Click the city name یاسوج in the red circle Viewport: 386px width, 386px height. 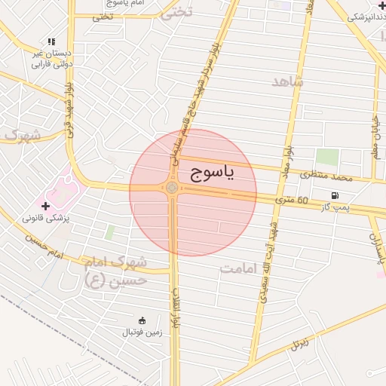(x=209, y=173)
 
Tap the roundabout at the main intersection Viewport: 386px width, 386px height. (x=173, y=188)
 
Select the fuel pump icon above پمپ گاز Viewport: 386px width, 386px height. (x=325, y=195)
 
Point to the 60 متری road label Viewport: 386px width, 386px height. (x=293, y=200)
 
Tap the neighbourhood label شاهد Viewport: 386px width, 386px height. (x=287, y=81)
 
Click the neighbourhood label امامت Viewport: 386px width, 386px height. (x=239, y=268)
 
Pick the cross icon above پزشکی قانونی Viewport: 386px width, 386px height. (x=46, y=205)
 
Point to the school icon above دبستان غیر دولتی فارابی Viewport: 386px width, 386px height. (x=51, y=42)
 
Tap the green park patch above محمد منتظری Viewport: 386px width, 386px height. (x=326, y=157)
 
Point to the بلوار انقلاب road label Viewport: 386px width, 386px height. (x=176, y=309)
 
